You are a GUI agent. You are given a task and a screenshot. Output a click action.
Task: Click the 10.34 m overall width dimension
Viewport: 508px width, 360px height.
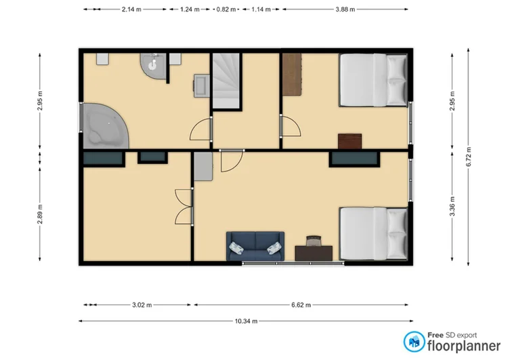tap(245, 321)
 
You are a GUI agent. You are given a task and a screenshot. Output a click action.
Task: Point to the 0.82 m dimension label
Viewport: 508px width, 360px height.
tap(226, 9)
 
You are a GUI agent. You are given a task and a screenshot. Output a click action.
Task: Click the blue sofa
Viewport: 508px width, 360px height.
tap(254, 247)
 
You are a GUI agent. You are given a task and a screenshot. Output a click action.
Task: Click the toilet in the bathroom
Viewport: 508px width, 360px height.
tap(154, 65)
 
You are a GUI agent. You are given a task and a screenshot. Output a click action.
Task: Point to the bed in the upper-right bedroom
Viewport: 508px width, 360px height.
tap(373, 80)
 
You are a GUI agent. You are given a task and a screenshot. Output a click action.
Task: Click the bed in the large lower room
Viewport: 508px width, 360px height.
tap(373, 233)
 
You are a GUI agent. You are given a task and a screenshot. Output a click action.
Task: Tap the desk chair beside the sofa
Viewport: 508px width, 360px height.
tap(314, 241)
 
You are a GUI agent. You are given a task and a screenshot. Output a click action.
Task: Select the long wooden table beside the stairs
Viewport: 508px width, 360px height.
tap(291, 75)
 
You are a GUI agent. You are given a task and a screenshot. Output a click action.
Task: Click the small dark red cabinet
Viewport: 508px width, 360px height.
tap(350, 140)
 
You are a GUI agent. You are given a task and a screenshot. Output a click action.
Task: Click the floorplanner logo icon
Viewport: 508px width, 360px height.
tap(414, 341)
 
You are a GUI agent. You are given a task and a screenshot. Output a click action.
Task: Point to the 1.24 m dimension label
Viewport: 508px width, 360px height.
tap(190, 9)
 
